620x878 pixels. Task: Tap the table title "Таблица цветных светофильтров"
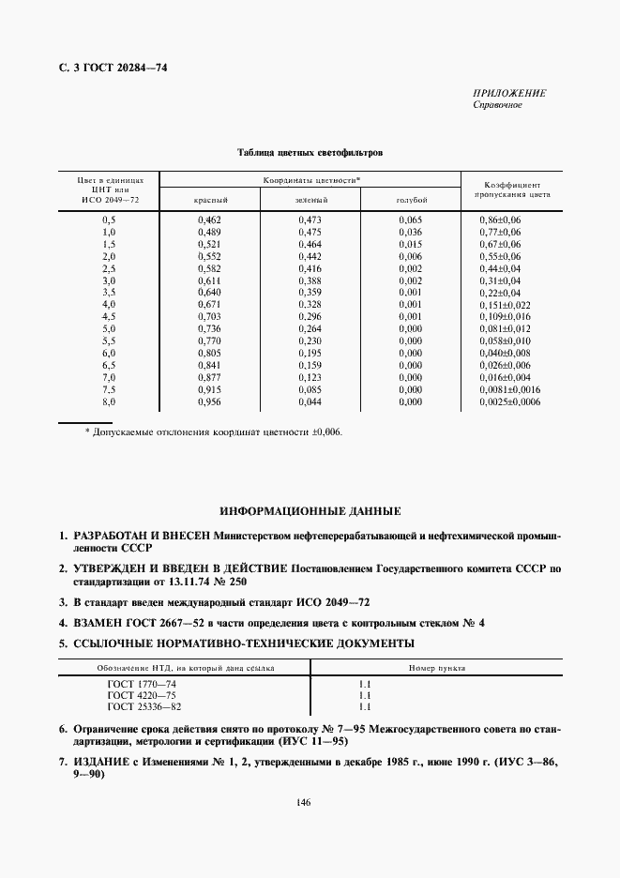(x=310, y=150)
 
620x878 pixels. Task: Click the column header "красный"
(x=211, y=201)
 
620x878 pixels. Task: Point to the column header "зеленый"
(x=310, y=201)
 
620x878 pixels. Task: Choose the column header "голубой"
(x=411, y=201)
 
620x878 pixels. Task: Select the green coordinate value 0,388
(x=310, y=280)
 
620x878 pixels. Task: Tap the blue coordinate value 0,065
(x=411, y=219)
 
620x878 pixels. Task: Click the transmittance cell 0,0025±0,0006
(x=508, y=402)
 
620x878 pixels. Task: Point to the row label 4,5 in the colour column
(x=108, y=317)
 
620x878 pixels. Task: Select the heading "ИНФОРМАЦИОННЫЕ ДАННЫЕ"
(x=310, y=512)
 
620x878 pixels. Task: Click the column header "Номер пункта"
(x=437, y=668)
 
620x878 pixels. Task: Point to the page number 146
(x=303, y=802)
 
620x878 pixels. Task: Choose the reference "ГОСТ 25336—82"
(x=144, y=707)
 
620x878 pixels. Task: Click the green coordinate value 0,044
(x=310, y=402)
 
